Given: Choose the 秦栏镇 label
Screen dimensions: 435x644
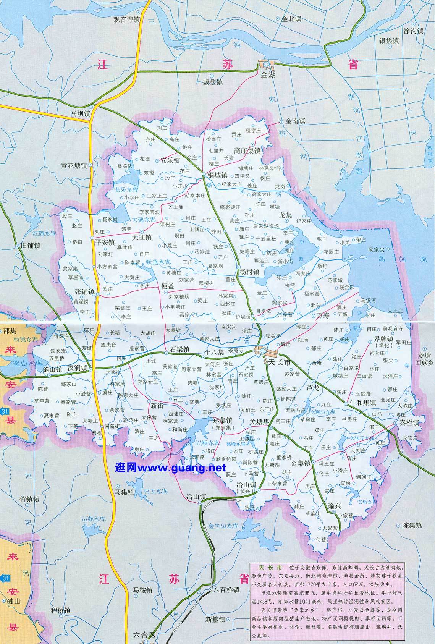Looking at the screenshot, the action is point(409,423).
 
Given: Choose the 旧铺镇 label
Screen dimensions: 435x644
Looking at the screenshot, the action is point(31,246).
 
